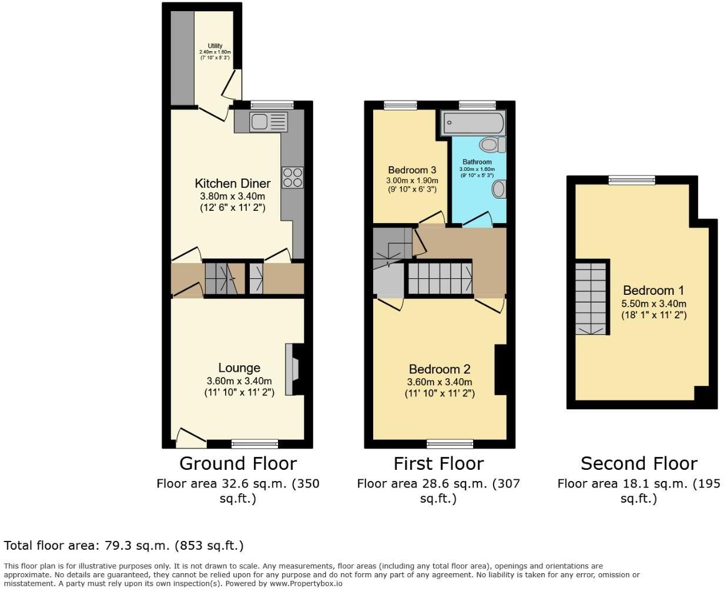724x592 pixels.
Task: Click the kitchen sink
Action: click(x=268, y=122)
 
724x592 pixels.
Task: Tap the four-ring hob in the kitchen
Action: click(x=292, y=177)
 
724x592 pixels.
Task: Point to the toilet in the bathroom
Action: click(x=491, y=144)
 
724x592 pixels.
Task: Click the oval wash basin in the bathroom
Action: click(x=499, y=189)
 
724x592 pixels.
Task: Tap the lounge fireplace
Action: click(x=292, y=369)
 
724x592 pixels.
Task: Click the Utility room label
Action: click(x=214, y=46)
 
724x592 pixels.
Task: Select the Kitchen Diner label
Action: click(x=233, y=183)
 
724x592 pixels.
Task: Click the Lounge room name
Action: click(x=239, y=368)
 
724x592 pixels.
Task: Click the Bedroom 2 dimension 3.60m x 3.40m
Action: click(x=440, y=382)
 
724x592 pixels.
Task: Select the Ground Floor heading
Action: click(x=237, y=463)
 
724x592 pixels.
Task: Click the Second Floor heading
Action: click(x=639, y=463)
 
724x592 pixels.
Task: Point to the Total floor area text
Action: click(x=123, y=546)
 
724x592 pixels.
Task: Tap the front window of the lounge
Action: click(x=254, y=443)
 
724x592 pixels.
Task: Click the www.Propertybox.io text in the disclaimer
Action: click(x=306, y=584)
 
